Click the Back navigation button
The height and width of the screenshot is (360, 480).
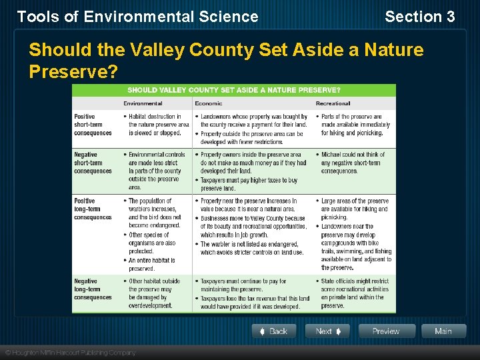273,331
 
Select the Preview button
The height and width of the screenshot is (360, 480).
387,331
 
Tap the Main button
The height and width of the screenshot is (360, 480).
443,331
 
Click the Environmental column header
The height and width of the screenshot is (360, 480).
143,103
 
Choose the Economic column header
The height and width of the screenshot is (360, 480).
208,103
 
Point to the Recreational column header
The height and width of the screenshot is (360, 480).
333,103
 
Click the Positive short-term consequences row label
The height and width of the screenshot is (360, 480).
93,125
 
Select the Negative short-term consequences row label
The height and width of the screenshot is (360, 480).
93,163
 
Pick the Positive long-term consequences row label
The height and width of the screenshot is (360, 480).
93,209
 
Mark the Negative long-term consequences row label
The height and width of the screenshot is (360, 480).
93,289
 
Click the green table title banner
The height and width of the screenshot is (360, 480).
233,90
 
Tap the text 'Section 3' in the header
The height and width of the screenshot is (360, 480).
419,17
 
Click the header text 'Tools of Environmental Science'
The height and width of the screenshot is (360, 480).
137,17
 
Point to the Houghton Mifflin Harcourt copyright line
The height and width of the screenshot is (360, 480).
70,352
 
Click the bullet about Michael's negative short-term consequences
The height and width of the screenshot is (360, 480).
353,163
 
